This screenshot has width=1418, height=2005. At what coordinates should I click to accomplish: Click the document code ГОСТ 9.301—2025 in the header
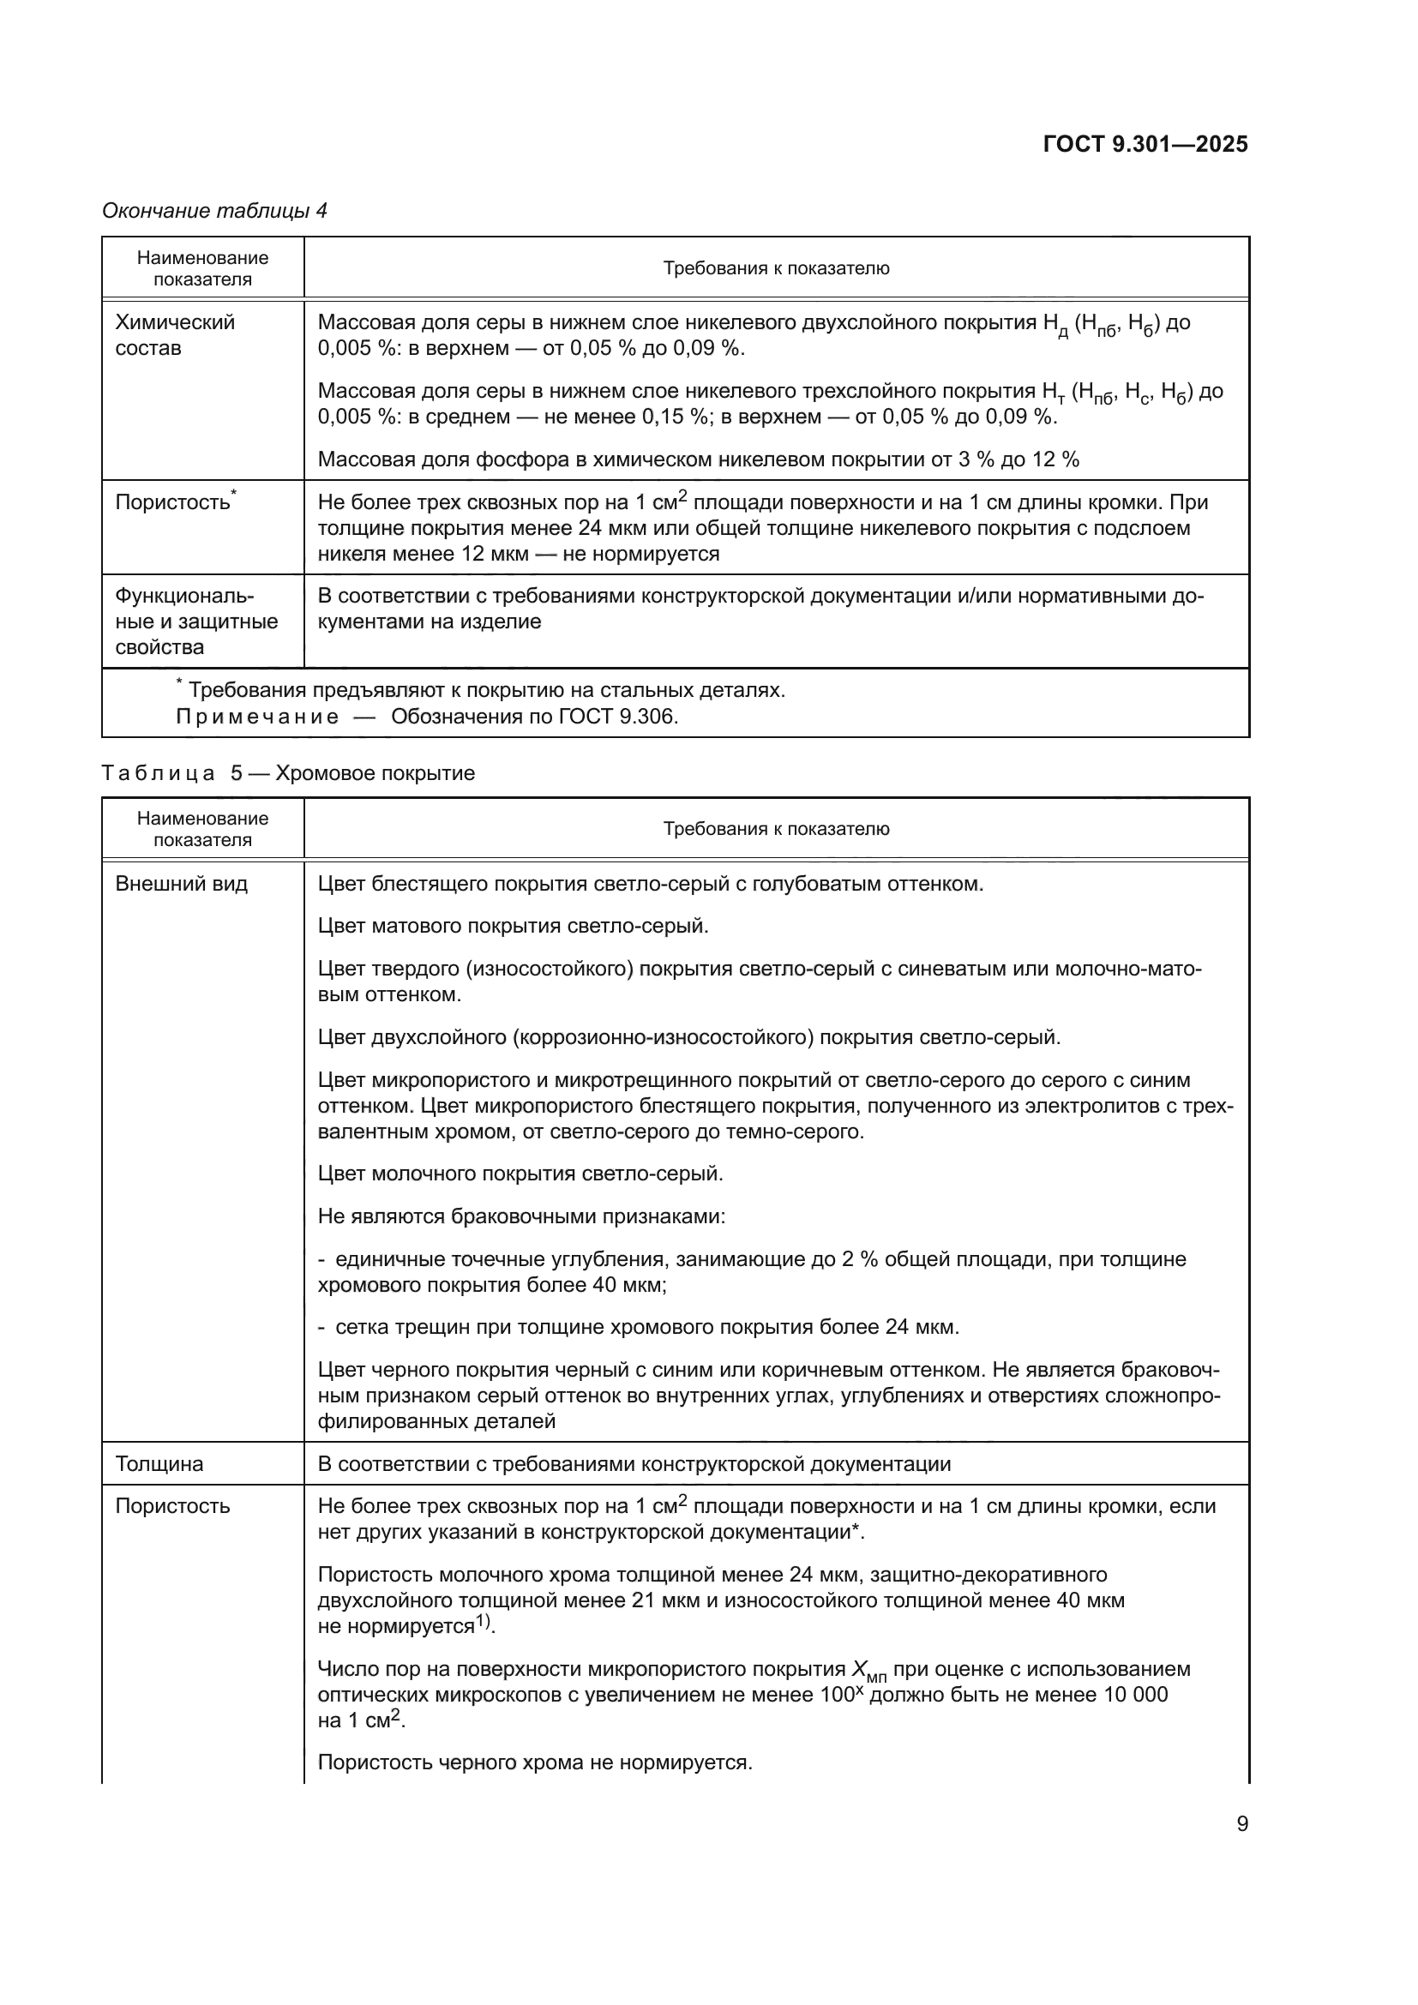point(1145,144)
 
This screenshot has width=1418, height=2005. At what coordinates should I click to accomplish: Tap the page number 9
point(1241,1824)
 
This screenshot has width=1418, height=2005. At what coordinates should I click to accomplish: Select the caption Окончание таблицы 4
point(215,211)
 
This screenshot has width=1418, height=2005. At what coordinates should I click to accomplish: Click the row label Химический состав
point(175,335)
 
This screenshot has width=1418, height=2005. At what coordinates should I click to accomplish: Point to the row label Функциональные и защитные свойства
point(195,621)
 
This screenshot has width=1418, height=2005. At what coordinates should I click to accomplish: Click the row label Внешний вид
point(182,884)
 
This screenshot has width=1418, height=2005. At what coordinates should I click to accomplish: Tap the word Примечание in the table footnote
point(257,717)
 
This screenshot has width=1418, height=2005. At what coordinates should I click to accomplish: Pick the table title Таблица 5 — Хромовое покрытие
point(288,774)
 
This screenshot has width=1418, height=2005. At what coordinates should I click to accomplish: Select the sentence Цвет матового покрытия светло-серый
point(513,926)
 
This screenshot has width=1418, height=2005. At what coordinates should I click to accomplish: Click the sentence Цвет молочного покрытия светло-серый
point(520,1173)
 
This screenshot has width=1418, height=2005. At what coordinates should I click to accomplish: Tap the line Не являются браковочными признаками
point(521,1216)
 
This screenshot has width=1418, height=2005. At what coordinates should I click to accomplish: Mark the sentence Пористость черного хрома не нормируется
point(534,1762)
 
